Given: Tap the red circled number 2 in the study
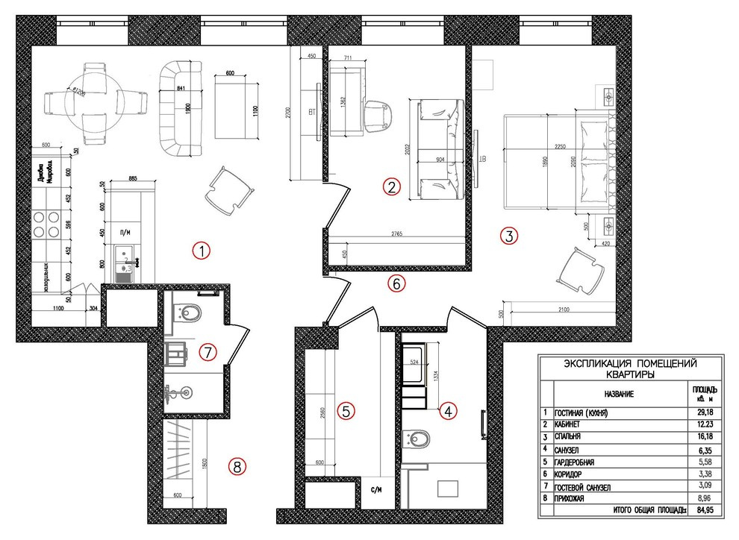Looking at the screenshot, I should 392,186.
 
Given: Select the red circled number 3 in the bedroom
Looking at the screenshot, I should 508,236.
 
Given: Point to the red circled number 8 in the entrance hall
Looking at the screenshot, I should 237,468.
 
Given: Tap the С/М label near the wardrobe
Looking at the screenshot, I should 376,490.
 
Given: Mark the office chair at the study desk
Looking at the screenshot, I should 381,115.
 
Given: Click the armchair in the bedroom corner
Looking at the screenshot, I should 581,271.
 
